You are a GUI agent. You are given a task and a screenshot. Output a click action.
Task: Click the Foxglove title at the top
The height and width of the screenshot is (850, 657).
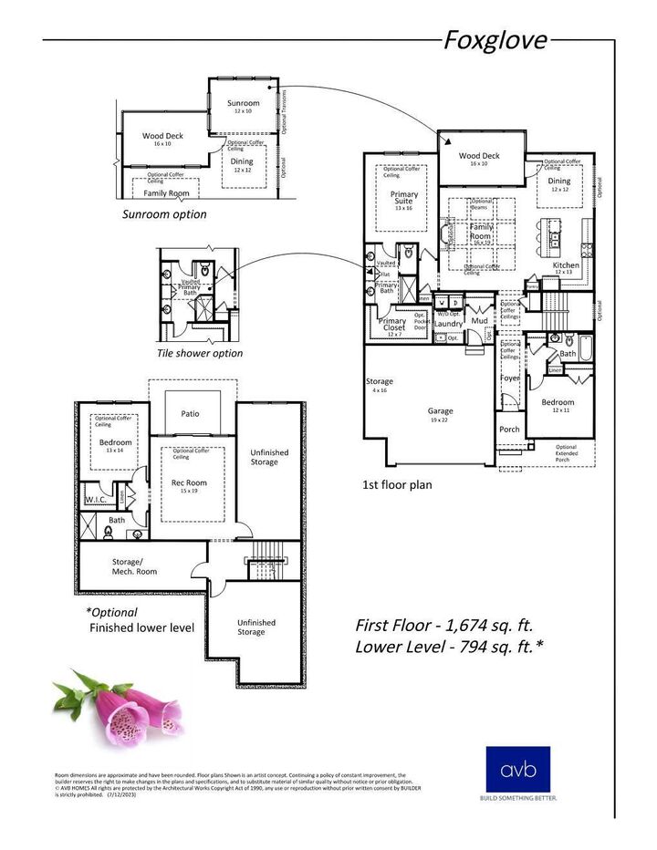pos(495,40)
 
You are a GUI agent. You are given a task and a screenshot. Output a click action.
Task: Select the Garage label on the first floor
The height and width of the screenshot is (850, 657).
pos(440,411)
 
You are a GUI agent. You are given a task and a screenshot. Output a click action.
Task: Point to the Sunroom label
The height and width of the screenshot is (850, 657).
pos(244,103)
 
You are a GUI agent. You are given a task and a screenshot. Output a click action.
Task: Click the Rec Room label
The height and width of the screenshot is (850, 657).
pos(190,482)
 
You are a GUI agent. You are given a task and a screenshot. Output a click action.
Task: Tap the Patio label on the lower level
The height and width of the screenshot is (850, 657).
pos(190,413)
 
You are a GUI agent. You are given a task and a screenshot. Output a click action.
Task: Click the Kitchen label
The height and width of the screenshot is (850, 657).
pos(566,265)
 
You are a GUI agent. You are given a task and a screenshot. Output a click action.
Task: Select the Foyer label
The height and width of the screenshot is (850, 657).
pos(509,378)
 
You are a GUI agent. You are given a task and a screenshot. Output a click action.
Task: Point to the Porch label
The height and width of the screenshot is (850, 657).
pos(509,429)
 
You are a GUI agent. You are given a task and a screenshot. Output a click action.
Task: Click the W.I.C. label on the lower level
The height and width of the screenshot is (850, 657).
pos(97,499)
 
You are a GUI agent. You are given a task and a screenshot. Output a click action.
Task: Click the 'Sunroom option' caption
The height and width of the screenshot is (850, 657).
pos(164,214)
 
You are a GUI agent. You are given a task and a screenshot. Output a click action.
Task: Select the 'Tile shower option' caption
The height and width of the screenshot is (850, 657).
pos(200,353)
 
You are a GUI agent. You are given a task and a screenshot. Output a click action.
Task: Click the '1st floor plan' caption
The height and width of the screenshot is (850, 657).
pos(397,485)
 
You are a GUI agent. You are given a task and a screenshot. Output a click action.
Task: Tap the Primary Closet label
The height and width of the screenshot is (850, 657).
pos(392,325)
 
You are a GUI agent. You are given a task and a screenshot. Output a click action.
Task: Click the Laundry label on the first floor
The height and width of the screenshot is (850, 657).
pos(448,323)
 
